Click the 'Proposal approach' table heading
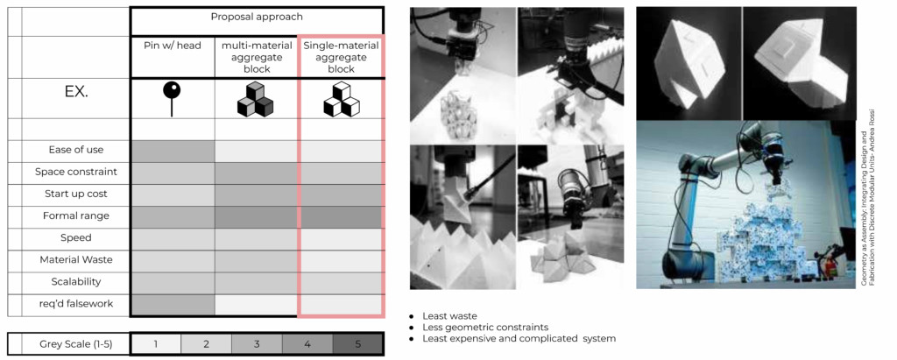pyautogui.click(x=257, y=17)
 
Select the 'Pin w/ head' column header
pyautogui.click(x=173, y=46)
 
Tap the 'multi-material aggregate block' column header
pyautogui.click(x=256, y=57)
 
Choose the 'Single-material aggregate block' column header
pyautogui.click(x=341, y=57)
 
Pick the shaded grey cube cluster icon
pyautogui.click(x=255, y=99)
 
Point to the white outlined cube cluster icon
pyautogui.click(x=341, y=99)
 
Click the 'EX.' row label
pyautogui.click(x=76, y=92)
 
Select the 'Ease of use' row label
pyautogui.click(x=76, y=150)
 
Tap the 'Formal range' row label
pyautogui.click(x=76, y=215)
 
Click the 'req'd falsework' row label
pyautogui.click(x=76, y=303)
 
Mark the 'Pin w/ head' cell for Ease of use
pyautogui.click(x=173, y=152)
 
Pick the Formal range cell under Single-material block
pyautogui.click(x=341, y=217)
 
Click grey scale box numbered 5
pyautogui.click(x=357, y=344)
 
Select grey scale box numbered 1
pyautogui.click(x=156, y=344)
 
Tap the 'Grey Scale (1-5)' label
pyautogui.click(x=76, y=344)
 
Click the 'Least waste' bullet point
pyautogui.click(x=443, y=316)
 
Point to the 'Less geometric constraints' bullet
pyautogui.click(x=479, y=328)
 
